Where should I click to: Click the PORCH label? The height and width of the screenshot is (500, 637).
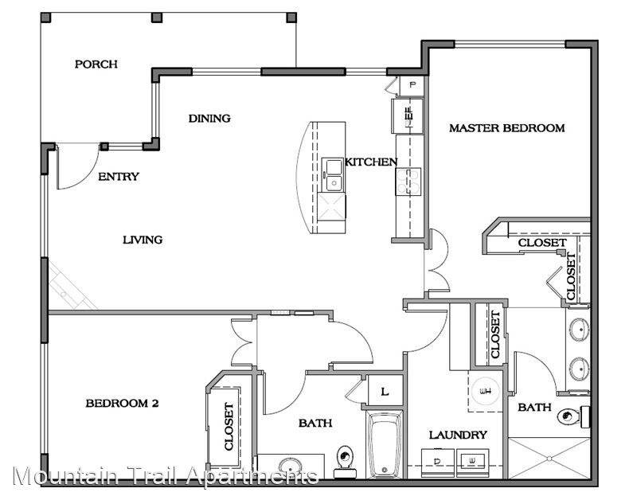96,64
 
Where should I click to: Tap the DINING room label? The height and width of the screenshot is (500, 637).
209,118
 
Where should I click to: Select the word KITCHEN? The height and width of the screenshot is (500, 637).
371,162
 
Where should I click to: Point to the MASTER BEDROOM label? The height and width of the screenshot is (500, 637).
507,128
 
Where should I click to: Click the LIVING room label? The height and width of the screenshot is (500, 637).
143,240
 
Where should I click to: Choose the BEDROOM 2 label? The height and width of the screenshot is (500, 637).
122,404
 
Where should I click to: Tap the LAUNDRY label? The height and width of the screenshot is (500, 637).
458,435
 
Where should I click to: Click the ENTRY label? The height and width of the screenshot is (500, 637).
119,176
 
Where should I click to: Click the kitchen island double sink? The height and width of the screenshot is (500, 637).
333,175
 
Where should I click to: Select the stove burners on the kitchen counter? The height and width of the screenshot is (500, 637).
408,182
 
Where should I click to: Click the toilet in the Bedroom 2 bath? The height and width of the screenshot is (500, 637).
345,462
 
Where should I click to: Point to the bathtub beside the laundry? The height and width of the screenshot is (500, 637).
385,445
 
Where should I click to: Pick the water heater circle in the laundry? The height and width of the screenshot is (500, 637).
486,391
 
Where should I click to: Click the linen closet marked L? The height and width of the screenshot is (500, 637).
385,392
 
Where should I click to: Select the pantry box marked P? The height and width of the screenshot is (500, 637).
412,85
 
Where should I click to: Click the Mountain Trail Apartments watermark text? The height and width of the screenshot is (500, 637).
166,475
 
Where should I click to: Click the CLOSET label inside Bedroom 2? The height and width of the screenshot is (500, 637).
229,427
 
